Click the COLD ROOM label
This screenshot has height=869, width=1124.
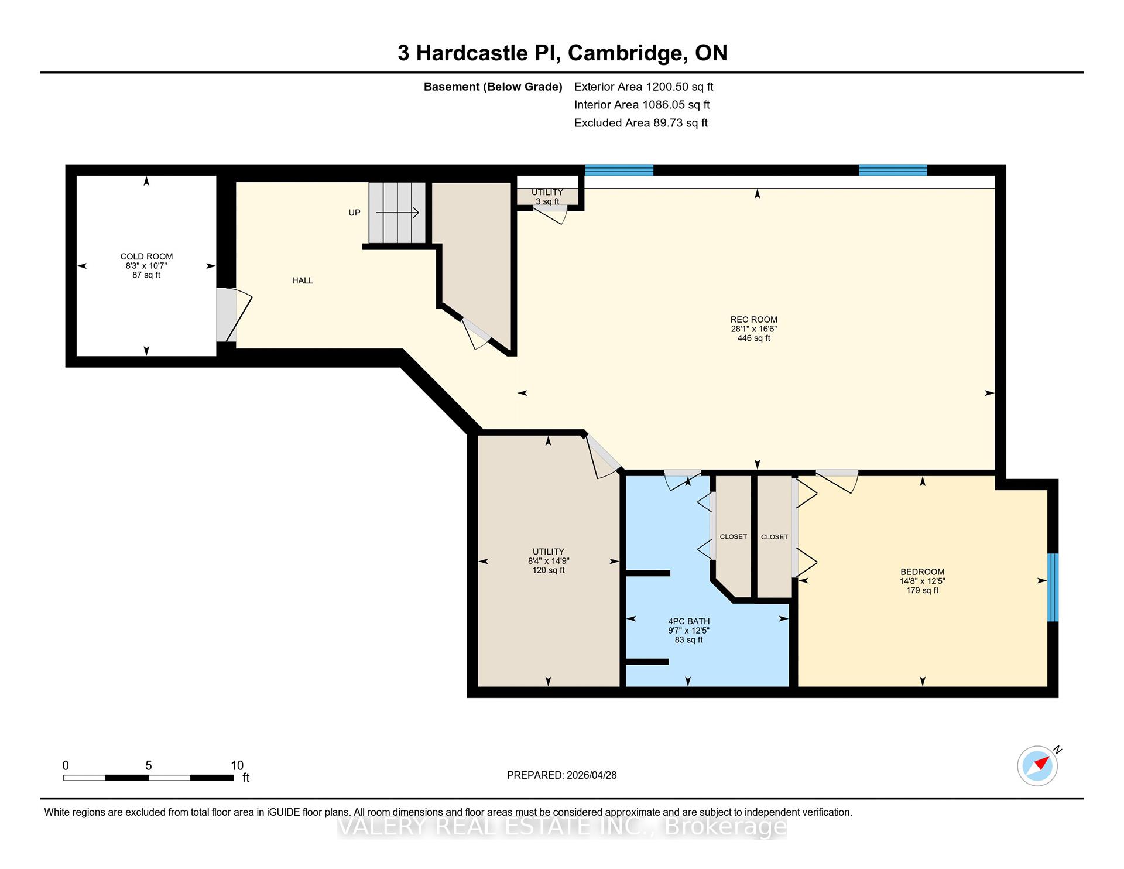pos(146,256)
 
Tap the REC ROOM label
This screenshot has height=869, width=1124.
pos(754,320)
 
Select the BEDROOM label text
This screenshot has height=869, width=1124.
pos(923,572)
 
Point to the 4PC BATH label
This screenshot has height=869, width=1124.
pos(689,621)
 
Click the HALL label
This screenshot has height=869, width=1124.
pos(303,280)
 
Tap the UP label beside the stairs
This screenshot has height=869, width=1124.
pos(354,213)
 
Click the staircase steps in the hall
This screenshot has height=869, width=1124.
pos(397,213)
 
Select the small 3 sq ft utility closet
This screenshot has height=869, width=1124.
pos(547,197)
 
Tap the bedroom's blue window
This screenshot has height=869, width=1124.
pos(1053,587)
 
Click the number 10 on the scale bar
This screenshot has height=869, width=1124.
pos(237,765)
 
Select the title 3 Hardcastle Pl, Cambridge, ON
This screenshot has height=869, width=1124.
pos(563,53)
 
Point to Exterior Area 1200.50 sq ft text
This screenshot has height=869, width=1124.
pos(644,87)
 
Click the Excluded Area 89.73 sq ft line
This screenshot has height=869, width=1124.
pos(641,123)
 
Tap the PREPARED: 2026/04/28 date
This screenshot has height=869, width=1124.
pos(562,775)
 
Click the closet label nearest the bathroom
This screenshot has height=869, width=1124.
pos(734,537)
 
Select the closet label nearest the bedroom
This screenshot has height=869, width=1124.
pos(775,537)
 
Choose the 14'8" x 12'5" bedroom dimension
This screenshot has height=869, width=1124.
pos(923,581)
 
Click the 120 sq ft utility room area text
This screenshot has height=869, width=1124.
pos(549,570)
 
